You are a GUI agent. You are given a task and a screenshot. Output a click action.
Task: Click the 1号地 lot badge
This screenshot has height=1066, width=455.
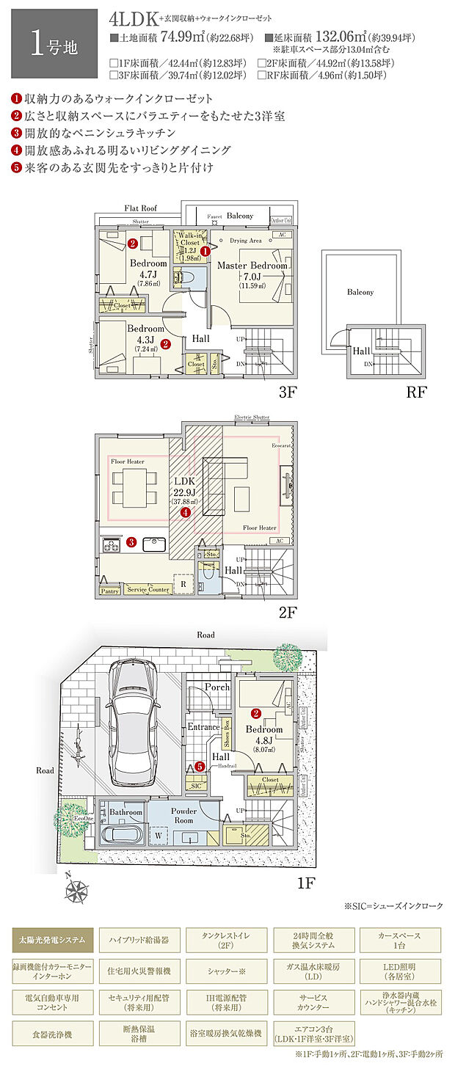[x=49, y=43]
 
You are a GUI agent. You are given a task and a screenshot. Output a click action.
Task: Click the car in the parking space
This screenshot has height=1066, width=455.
[x=133, y=723]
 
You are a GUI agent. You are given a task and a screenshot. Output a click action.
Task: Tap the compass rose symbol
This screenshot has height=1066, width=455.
[x=76, y=891]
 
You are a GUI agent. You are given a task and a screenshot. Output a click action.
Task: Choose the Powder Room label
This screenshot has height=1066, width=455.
[x=183, y=815]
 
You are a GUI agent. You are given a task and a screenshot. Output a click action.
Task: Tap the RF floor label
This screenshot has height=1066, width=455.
[x=416, y=392]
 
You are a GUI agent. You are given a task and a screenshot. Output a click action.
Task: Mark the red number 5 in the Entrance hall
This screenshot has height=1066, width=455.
[x=200, y=767]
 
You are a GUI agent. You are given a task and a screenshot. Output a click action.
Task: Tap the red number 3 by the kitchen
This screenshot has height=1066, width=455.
[x=131, y=543]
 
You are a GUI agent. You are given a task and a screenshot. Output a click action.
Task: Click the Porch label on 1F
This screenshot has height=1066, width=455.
[x=216, y=687]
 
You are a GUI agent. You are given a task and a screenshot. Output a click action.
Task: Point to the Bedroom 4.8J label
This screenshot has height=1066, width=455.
[x=264, y=734]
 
